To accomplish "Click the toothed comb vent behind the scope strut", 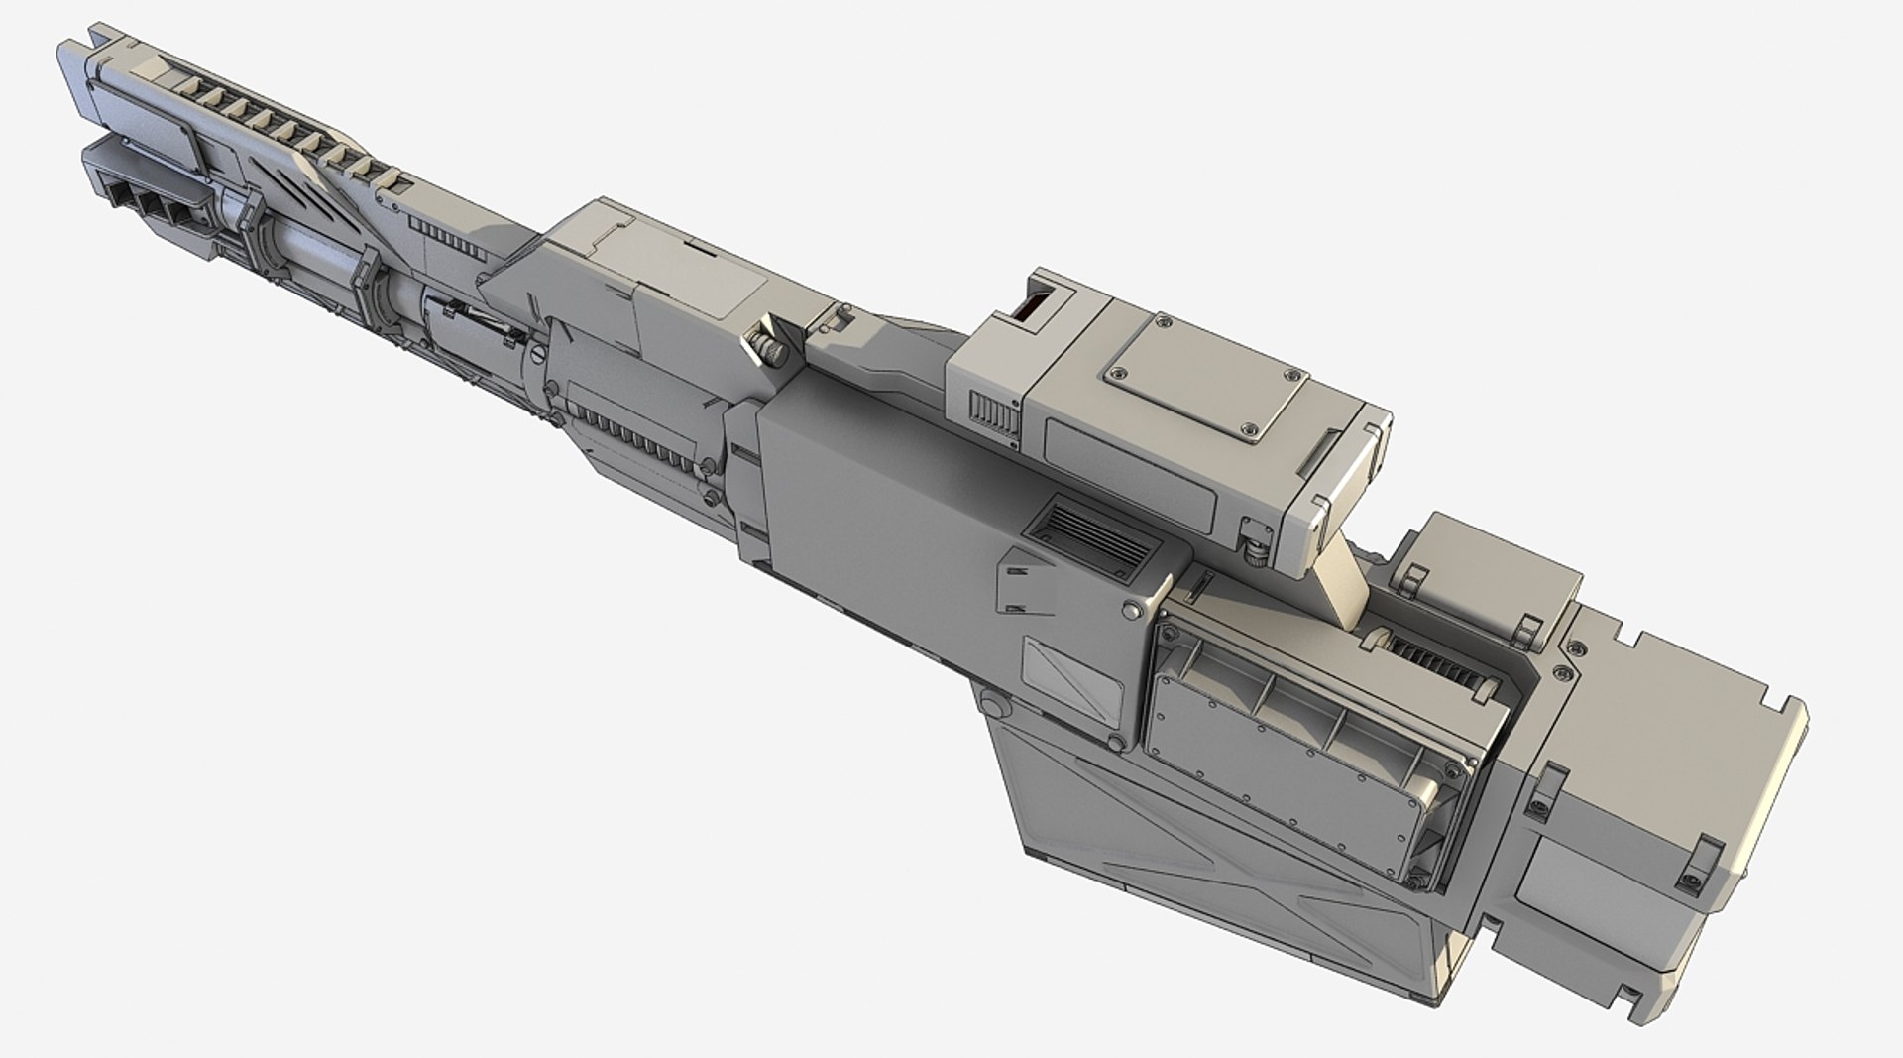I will coord(1437,655).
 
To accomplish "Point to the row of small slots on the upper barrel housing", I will coord(435,236).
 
